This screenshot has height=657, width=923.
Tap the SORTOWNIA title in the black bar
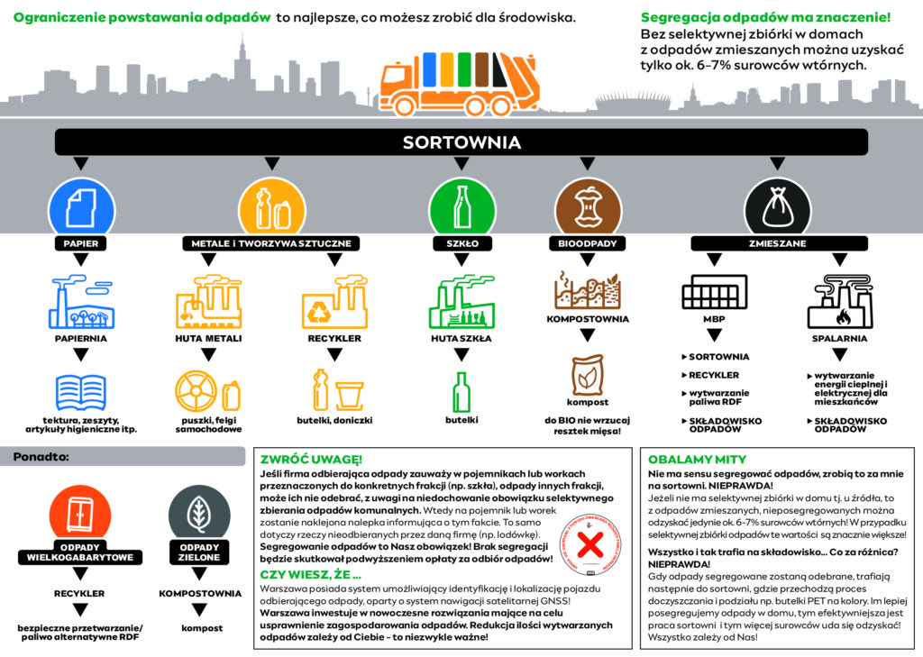[461, 142]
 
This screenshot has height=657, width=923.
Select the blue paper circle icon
[79, 205]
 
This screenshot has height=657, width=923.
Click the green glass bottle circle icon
[461, 205]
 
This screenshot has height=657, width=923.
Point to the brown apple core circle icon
[588, 205]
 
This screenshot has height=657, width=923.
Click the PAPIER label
[79, 243]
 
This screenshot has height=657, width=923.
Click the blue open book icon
[80, 393]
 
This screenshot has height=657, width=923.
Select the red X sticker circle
[590, 545]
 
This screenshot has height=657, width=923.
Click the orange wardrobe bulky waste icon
[79, 516]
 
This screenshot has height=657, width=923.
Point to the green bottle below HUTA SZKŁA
[461, 392]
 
